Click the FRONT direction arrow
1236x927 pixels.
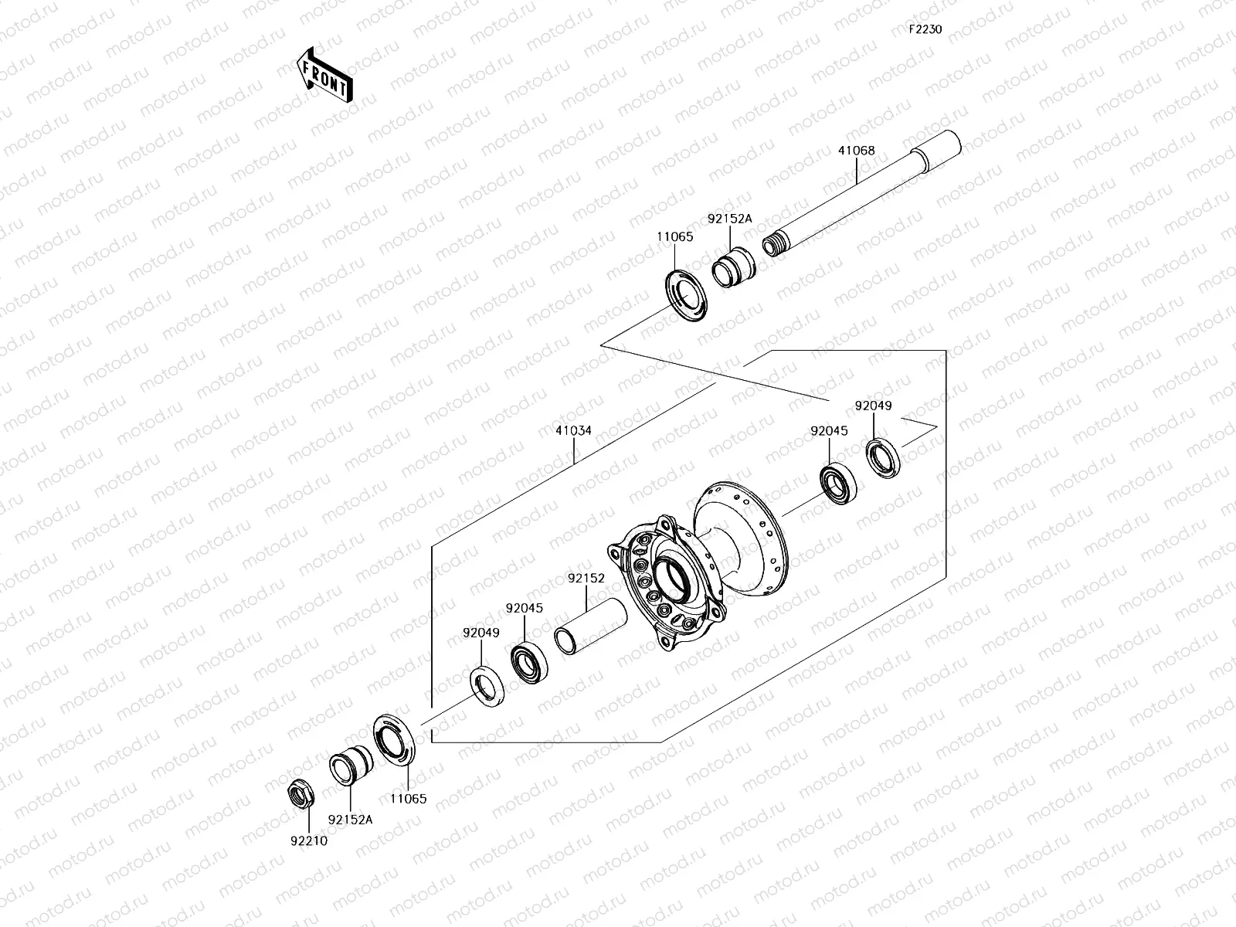[324, 75]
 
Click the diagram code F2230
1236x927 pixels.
[925, 29]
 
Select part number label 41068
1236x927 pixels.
[856, 151]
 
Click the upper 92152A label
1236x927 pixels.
[729, 219]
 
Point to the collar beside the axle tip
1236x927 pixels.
[734, 267]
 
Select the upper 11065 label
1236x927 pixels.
[675, 237]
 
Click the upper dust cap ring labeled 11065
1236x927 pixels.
[686, 294]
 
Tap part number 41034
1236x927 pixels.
[573, 430]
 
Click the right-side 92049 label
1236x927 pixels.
[873, 406]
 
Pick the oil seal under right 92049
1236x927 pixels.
[881, 457]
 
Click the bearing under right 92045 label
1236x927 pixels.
[837, 484]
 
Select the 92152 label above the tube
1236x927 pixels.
[586, 577]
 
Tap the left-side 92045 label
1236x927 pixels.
[525, 608]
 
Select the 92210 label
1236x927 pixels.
[307, 840]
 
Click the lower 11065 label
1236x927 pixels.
[407, 800]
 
